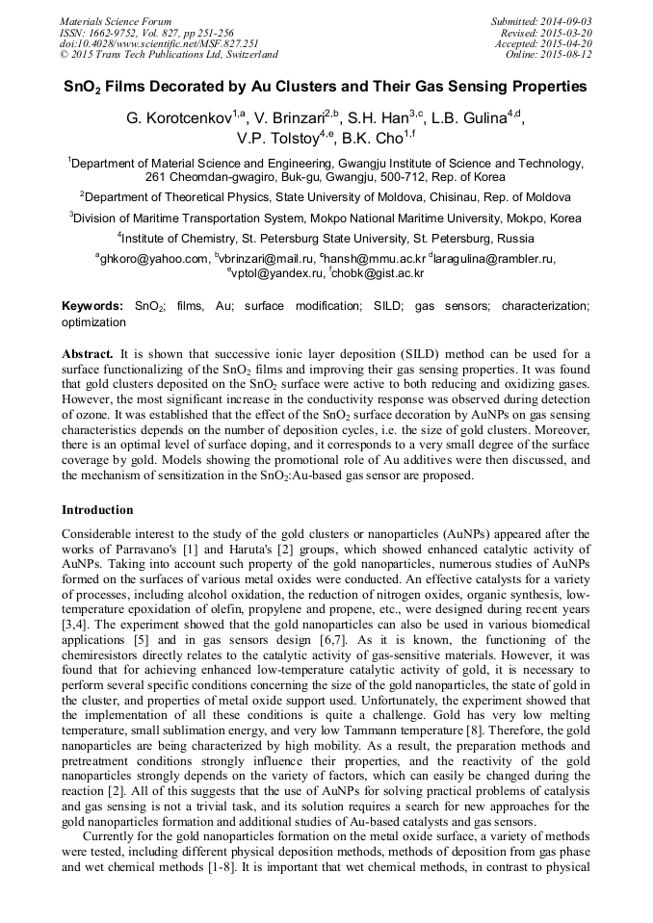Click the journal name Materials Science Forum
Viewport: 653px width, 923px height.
[x=116, y=21]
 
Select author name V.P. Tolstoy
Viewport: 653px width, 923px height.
[x=277, y=139]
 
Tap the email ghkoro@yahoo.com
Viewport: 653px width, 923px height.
[x=155, y=259]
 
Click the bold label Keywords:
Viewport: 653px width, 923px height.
[x=92, y=306]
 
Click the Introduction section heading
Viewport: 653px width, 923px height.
[x=97, y=509]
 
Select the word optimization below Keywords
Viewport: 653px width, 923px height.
[x=93, y=322]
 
